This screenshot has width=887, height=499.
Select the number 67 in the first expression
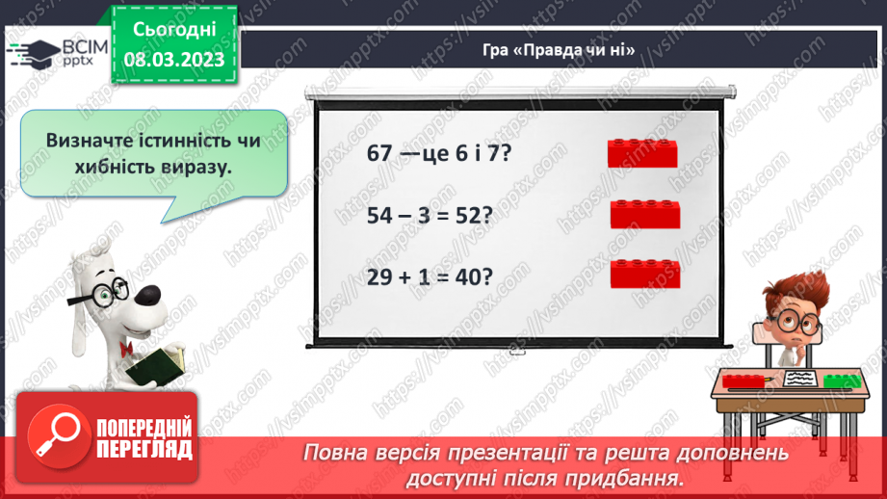click(382, 153)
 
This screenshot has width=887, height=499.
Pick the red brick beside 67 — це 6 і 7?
click(643, 153)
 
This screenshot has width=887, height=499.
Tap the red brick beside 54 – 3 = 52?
click(645, 214)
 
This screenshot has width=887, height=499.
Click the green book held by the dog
click(153, 365)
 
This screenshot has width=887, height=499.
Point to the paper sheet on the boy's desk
click(797, 378)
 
